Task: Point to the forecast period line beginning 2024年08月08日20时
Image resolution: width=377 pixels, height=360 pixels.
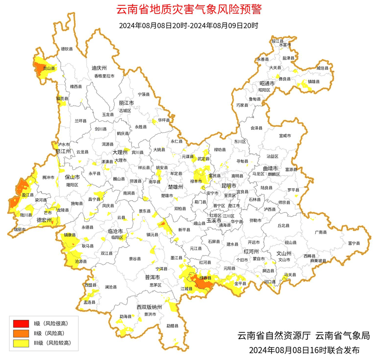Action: point(188,26)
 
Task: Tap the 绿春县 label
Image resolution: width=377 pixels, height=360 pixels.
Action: point(205,278)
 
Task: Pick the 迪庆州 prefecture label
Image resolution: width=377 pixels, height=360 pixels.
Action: point(99,68)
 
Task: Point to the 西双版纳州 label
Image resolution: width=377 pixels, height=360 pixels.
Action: point(149,307)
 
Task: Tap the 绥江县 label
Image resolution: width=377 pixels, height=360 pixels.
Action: point(277,41)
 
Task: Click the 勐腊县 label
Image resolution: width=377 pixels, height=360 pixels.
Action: point(172,326)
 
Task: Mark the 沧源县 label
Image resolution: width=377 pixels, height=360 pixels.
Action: point(81,262)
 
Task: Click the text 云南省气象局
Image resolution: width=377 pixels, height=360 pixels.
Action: point(343,336)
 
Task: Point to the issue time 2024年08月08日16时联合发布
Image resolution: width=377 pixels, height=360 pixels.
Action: point(304,350)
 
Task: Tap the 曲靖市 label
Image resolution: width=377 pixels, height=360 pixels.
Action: point(270,168)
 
